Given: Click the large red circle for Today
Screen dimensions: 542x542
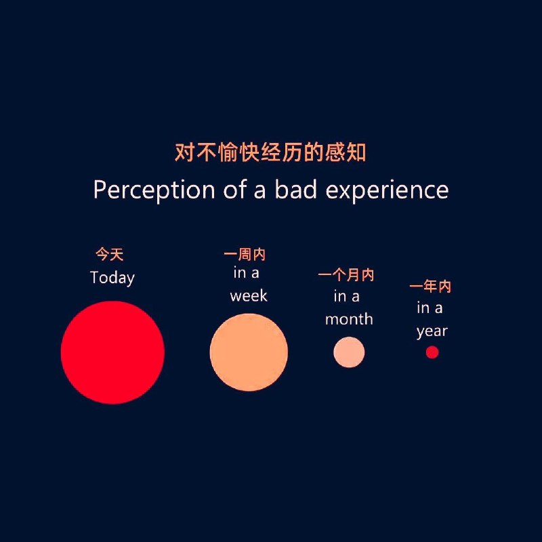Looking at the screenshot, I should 112,352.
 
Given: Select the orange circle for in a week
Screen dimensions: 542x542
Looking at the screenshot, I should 249,352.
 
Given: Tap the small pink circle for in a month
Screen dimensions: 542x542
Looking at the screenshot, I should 349,352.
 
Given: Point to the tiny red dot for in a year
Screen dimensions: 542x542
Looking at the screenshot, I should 432,352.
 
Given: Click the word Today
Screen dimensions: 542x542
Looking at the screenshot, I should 112,278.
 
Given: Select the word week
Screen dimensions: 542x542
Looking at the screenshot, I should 249,296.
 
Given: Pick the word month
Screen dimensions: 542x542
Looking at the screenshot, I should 349,319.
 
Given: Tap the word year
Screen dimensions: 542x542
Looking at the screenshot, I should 432,331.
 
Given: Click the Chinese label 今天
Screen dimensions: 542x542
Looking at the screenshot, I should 109,255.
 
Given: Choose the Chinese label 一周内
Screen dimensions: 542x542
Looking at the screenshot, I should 245,255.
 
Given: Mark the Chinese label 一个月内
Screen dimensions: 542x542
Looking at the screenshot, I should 346,275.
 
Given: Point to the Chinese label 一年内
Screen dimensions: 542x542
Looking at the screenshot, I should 430,287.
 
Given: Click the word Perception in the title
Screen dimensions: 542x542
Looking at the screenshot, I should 154,190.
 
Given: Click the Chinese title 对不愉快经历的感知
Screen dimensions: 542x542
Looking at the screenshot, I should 270,152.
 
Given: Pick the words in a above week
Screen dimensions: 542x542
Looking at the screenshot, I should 246,273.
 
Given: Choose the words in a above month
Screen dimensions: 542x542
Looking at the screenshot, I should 346,296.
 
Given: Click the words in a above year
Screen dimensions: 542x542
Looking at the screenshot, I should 430,308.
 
